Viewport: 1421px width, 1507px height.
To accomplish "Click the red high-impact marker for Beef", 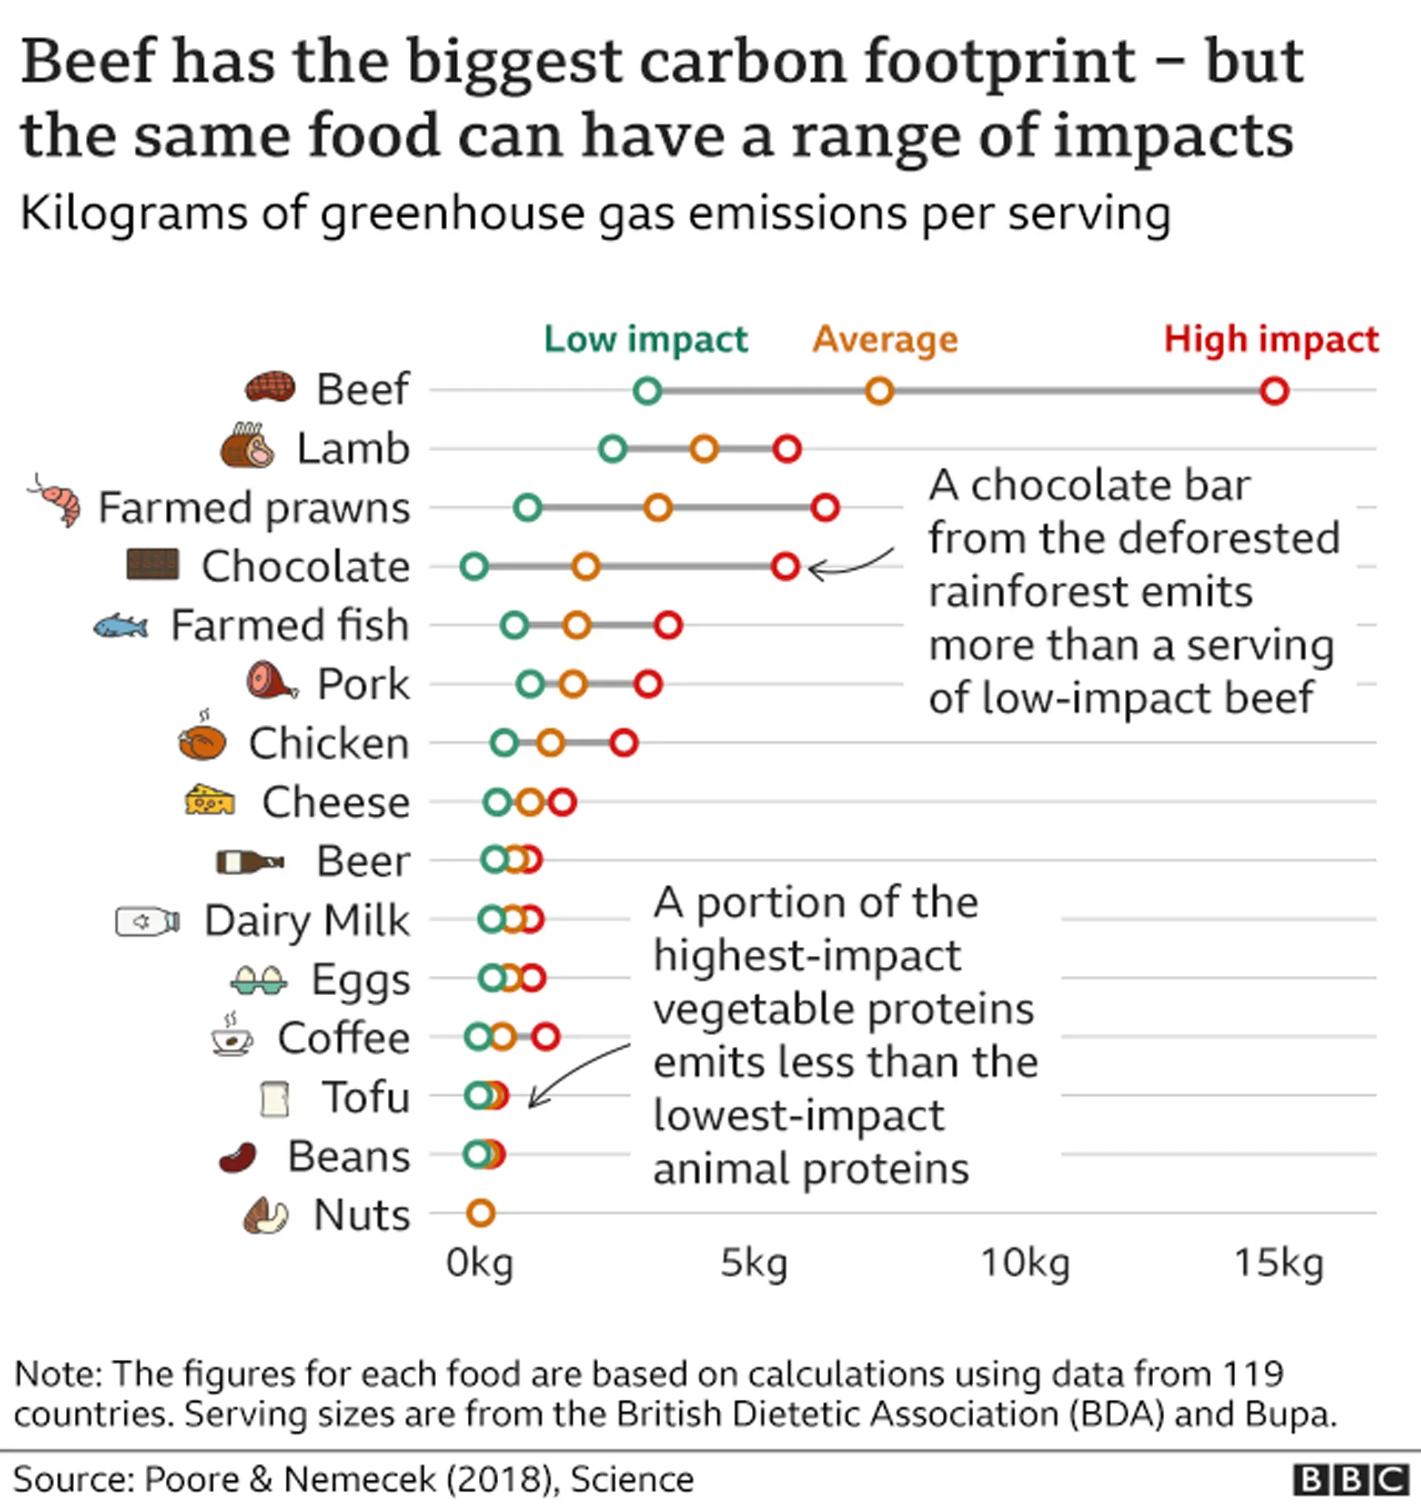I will pyautogui.click(x=1274, y=391).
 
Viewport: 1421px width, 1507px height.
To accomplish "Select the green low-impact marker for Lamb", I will pyautogui.click(x=613, y=449).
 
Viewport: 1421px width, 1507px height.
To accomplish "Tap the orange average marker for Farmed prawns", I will pyautogui.click(x=658, y=507).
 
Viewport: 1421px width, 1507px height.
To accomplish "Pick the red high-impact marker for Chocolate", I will pyautogui.click(x=785, y=566).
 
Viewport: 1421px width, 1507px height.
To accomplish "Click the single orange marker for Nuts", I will pyautogui.click(x=481, y=1213).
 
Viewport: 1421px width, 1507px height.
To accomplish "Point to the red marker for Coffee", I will pyautogui.click(x=546, y=1036).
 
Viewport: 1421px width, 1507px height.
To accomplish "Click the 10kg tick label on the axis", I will pyautogui.click(x=1025, y=1264).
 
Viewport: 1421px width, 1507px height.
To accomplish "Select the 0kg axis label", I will pyautogui.click(x=480, y=1264).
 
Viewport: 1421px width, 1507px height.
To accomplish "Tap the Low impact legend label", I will pyautogui.click(x=646, y=339).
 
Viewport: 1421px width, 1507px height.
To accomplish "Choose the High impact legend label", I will pyautogui.click(x=1271, y=339).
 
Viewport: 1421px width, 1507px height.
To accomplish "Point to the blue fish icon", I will pyautogui.click(x=121, y=626).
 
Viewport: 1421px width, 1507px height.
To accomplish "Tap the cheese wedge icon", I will pyautogui.click(x=210, y=800).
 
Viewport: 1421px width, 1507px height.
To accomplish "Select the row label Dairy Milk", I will pyautogui.click(x=307, y=920).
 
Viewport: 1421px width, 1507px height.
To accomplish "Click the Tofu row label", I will pyautogui.click(x=366, y=1097).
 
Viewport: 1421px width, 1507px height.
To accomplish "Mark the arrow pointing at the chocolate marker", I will pyautogui.click(x=849, y=562).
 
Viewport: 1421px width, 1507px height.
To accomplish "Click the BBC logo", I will pyautogui.click(x=1350, y=1480).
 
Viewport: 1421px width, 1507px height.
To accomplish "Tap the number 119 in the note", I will pyautogui.click(x=1253, y=1375).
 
